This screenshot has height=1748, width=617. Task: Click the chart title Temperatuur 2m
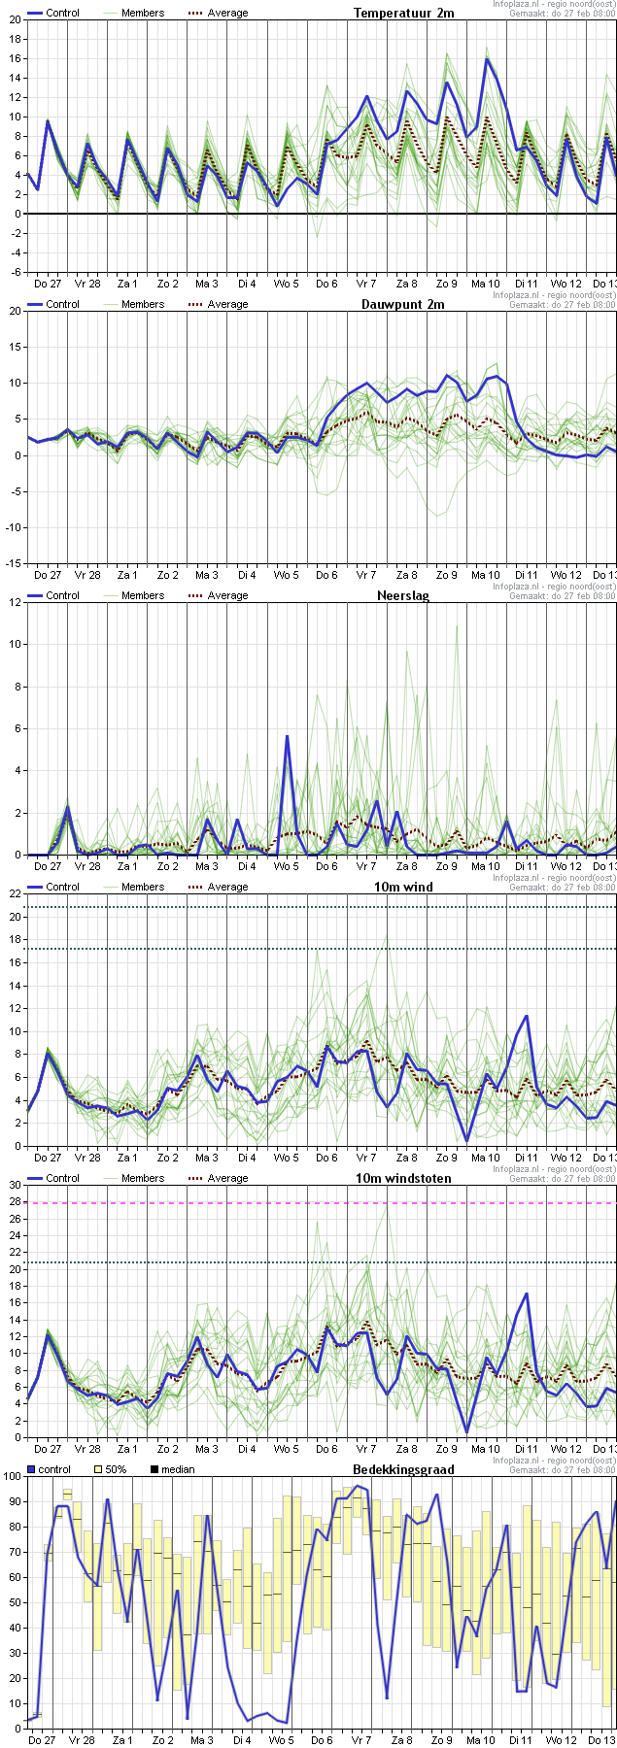(x=403, y=13)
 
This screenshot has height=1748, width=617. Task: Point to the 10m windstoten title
(x=412, y=1178)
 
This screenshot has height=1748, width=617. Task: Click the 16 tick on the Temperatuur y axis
(x=14, y=58)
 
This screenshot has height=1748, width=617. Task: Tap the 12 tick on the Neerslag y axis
(x=14, y=602)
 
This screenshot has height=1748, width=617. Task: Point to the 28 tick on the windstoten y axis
(x=14, y=1203)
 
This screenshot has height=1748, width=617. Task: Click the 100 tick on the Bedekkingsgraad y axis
(x=12, y=1476)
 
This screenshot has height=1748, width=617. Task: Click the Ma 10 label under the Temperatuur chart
(x=486, y=284)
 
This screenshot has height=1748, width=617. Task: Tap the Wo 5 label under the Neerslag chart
(x=286, y=866)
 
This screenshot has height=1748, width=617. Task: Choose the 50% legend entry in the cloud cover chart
(x=110, y=1469)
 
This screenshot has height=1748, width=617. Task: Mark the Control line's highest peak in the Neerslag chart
(x=287, y=736)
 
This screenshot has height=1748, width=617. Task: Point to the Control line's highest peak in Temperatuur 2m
(x=487, y=59)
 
